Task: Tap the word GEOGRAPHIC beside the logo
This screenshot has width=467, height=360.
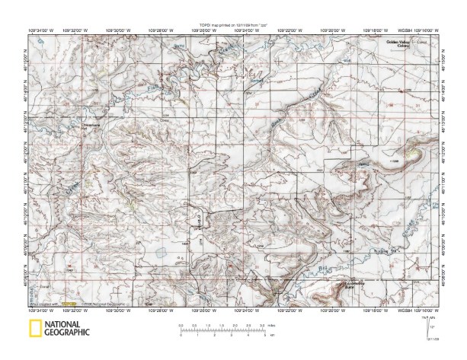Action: coord(66,333)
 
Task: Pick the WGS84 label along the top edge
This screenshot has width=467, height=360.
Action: coord(411,31)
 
